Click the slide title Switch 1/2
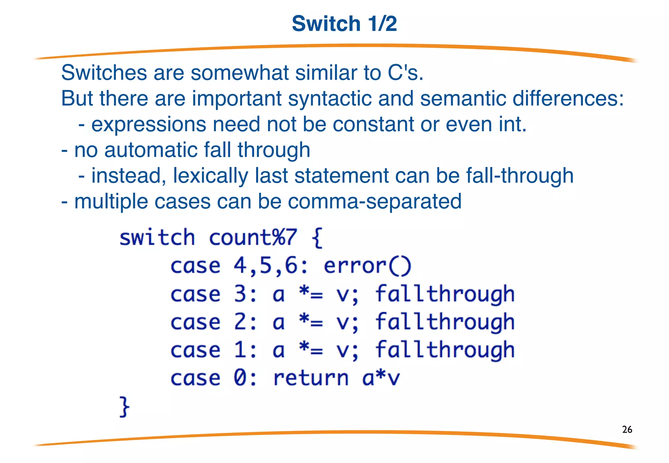coord(344,24)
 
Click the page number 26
coord(627,429)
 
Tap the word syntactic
coord(330,98)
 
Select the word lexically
coord(210,176)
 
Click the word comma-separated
coord(375,201)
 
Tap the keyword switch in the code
coord(157,237)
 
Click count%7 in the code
coord(253,237)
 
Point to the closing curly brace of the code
coord(124,407)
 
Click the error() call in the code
coord(367,266)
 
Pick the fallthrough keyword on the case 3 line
coord(445,294)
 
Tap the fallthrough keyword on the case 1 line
coord(445,350)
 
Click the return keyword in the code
coord(311,378)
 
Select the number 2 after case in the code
coord(240,322)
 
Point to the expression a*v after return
coord(381,378)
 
